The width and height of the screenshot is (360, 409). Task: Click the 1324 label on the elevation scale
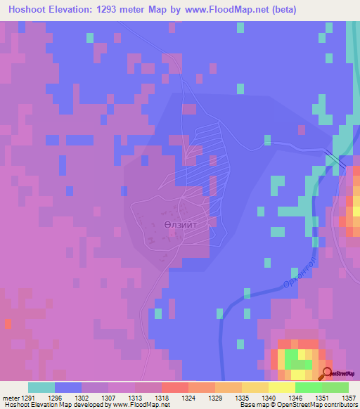click(x=188, y=398)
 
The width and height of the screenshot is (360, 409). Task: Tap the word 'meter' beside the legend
click(x=9, y=398)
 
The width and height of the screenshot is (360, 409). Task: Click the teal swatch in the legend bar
click(x=41, y=387)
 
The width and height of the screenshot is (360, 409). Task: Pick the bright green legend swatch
click(x=309, y=387)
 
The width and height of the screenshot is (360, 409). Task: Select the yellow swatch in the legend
click(x=282, y=387)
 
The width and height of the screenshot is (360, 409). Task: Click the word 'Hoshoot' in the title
click(x=28, y=9)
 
